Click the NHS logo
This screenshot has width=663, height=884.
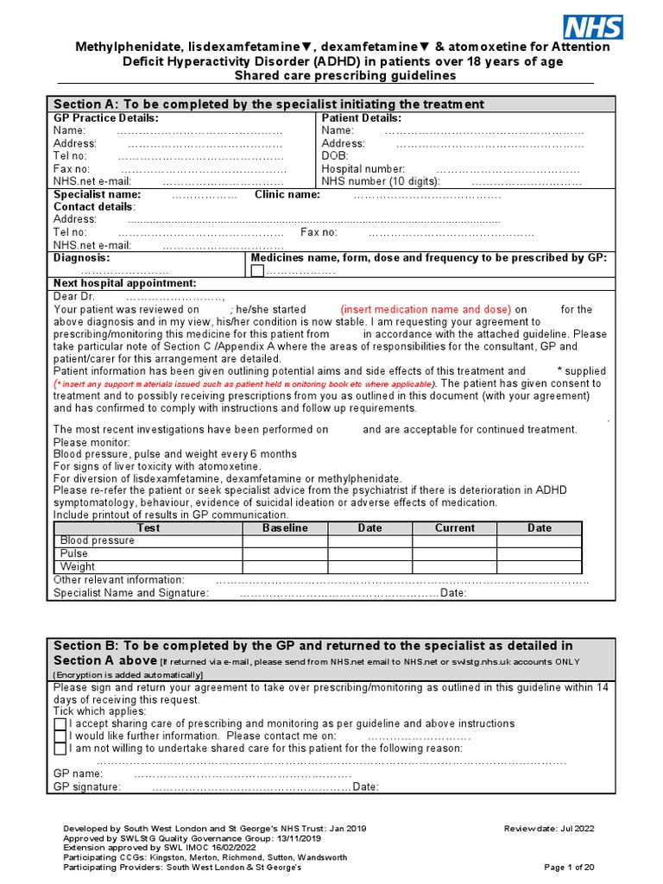[592, 26]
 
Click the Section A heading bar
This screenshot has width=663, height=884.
[331, 104]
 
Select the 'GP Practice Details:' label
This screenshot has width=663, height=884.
[106, 118]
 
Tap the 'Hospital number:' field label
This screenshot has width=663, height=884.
[363, 169]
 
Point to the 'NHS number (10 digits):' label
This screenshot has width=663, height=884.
[381, 181]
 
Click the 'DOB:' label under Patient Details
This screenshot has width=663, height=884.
[334, 156]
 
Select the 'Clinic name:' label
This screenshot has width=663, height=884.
[287, 195]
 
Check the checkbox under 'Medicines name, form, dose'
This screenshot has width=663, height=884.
[257, 271]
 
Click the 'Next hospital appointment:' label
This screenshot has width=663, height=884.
[125, 283]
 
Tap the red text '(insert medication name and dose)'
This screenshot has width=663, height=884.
[426, 309]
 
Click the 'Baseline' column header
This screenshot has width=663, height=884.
[285, 527]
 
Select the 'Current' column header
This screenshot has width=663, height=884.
[454, 527]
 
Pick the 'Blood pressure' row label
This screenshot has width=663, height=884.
[97, 540]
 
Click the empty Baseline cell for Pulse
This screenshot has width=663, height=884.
[285, 553]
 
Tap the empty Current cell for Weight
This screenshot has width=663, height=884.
[454, 566]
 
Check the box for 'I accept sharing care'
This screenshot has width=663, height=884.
[60, 723]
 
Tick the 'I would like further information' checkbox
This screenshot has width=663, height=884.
[60, 736]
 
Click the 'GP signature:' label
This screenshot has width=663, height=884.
[87, 786]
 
